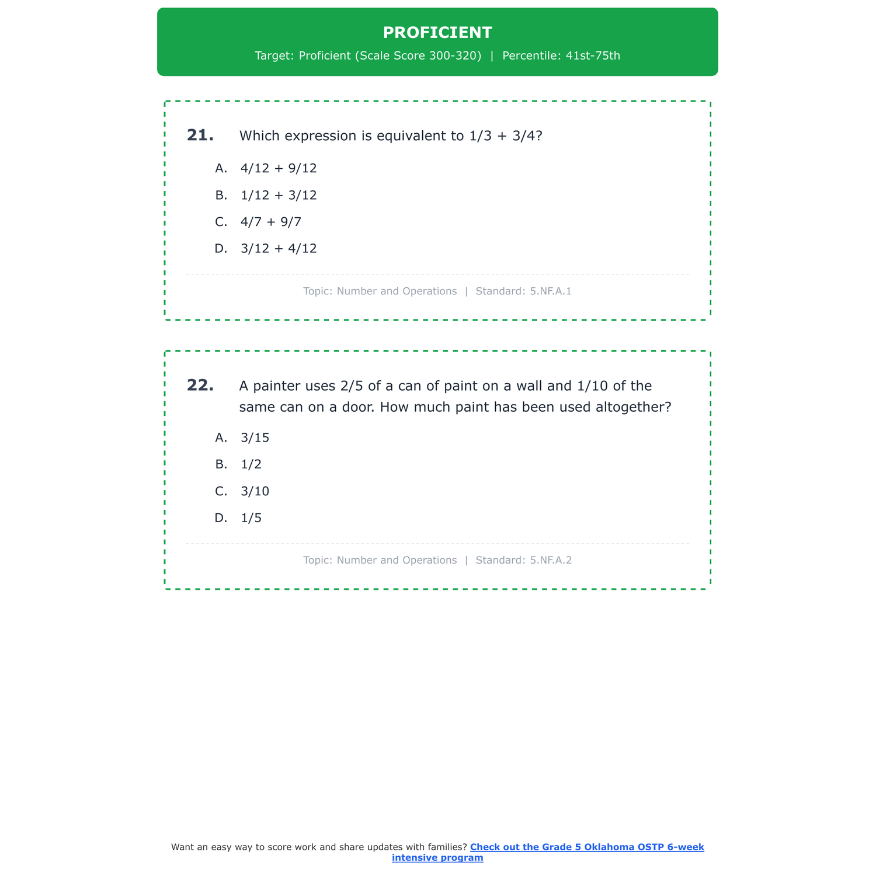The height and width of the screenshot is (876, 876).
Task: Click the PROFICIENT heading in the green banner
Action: (x=437, y=33)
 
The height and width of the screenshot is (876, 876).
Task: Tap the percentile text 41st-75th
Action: (x=593, y=56)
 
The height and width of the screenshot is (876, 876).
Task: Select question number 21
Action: (x=200, y=135)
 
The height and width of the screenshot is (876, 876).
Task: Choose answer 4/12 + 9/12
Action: (x=279, y=169)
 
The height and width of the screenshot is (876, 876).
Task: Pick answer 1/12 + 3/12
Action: (x=279, y=196)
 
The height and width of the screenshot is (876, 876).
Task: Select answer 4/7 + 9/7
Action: (x=271, y=222)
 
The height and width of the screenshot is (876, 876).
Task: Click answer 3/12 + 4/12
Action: (x=279, y=249)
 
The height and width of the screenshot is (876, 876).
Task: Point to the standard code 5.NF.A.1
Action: (x=551, y=291)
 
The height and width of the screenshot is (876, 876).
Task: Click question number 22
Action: (x=200, y=385)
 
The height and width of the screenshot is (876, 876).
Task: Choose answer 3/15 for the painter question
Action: (x=255, y=438)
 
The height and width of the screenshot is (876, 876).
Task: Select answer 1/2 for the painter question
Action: (x=251, y=465)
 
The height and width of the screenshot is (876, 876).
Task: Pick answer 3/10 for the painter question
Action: (x=255, y=492)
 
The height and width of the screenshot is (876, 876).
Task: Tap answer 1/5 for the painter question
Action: (x=251, y=519)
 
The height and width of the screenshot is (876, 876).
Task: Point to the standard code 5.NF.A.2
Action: (x=551, y=561)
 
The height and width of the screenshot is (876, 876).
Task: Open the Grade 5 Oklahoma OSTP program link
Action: (x=586, y=847)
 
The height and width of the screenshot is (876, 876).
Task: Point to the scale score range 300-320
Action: (x=455, y=56)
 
